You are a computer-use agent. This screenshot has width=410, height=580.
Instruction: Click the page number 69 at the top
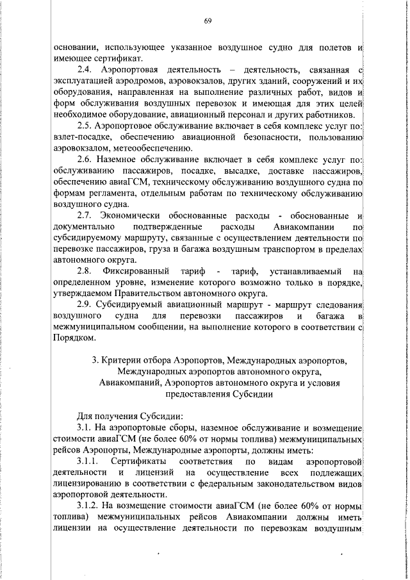pos(208,21)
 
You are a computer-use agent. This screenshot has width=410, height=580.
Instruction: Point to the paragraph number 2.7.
pos(85,215)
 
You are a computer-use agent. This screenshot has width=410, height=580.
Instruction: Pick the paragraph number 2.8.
pos(85,271)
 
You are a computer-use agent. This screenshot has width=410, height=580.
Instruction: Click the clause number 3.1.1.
pos(88,461)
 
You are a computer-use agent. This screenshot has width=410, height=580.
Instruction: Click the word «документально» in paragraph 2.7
pos(81,226)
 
